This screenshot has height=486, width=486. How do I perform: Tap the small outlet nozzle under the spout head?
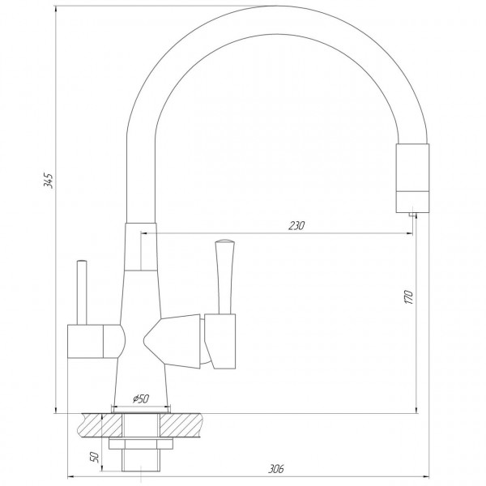coord(411,212)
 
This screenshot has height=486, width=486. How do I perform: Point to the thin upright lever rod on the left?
coord(82,292)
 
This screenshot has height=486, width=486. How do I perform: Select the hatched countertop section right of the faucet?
coord(190,424)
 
